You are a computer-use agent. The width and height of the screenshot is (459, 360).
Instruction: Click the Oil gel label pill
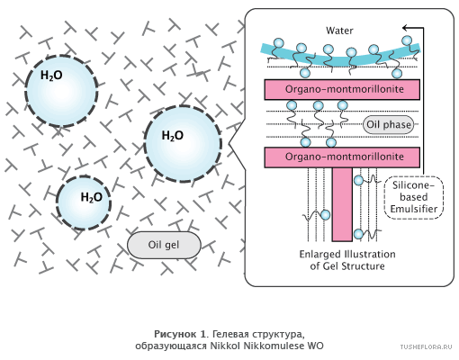pos(164,245)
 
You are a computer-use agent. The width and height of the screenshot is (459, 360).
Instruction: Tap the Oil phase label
pos(389,124)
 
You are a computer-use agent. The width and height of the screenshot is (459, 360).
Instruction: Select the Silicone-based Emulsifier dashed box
pos(414,197)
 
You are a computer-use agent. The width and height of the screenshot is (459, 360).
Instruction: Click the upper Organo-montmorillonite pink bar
pos(342,89)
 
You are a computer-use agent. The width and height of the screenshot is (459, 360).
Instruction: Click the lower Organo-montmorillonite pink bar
pos(342,157)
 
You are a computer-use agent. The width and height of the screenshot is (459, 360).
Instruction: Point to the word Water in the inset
pos(339,31)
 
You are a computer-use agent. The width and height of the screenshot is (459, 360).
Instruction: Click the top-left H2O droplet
pos(61,91)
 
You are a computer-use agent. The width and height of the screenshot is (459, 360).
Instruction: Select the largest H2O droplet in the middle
pos(183,144)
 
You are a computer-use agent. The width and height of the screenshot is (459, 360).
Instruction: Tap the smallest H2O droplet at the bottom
pos(84,202)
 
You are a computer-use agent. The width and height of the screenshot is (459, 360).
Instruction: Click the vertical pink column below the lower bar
pos(342,204)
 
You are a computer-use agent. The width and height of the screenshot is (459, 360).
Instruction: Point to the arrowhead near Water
pos(405,28)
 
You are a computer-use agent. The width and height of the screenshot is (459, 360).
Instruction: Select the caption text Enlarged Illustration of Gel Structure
pos(347,260)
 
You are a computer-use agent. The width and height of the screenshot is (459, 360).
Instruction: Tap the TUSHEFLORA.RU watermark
pos(426,347)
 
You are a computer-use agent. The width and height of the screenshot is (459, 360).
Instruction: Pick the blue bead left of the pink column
pos(326,215)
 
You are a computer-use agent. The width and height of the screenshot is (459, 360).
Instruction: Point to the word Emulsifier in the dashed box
pos(414,209)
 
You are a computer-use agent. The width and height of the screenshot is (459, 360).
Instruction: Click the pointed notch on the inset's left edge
pos(229,143)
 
